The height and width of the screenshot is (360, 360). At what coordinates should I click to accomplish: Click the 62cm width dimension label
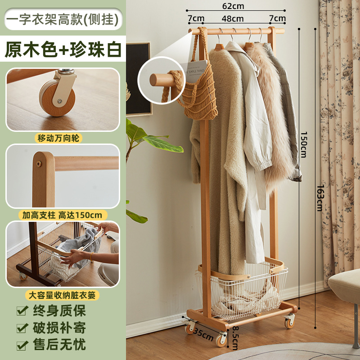[x=233, y=6]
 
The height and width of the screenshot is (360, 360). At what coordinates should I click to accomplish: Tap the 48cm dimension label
[x=233, y=18]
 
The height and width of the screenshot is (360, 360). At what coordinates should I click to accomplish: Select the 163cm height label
[x=319, y=198]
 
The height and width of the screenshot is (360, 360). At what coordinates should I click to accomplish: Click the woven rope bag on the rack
[x=198, y=90]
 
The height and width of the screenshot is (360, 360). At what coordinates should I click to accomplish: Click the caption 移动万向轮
[x=63, y=138]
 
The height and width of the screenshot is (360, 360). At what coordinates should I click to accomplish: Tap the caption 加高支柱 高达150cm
[x=63, y=215]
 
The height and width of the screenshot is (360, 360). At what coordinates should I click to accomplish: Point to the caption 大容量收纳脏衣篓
[x=63, y=295]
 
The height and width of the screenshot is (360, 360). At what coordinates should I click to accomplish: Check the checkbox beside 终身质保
[x=21, y=310]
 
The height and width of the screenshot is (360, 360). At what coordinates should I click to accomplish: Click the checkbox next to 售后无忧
[x=21, y=345]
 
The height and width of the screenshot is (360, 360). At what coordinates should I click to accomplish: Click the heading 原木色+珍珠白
[x=63, y=49]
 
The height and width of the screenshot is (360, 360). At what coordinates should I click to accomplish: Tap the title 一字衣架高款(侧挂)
[x=63, y=19]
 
